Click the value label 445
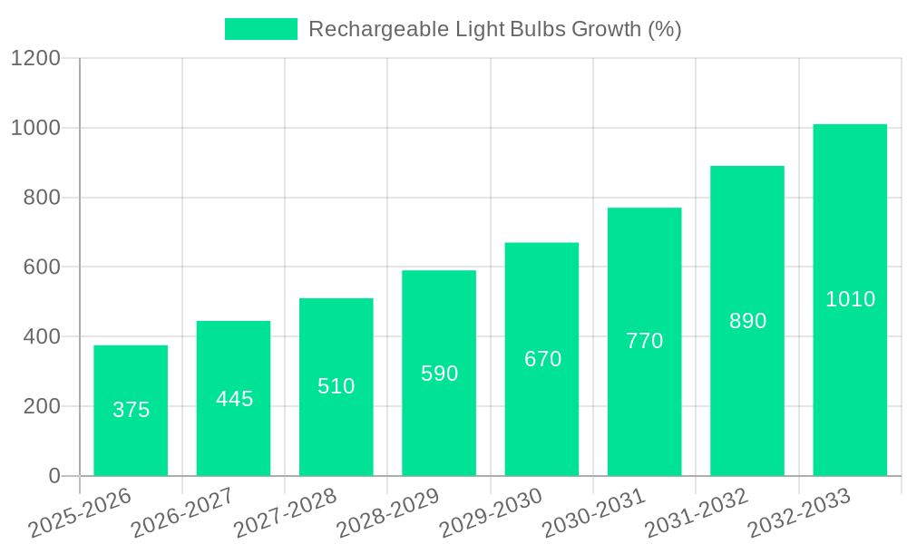click(x=234, y=399)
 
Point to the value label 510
click(x=336, y=386)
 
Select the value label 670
click(x=542, y=359)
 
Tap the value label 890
click(x=747, y=321)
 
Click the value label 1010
click(x=850, y=299)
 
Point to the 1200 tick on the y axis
click(x=35, y=59)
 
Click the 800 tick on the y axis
click(x=42, y=198)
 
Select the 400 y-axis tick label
click(x=42, y=337)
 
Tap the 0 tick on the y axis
click(x=54, y=476)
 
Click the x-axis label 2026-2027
click(x=182, y=513)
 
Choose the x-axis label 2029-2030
click(x=491, y=513)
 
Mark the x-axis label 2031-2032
click(x=697, y=513)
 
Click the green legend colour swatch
click(x=260, y=29)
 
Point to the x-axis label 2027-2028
click(x=285, y=513)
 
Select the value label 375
click(x=131, y=410)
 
